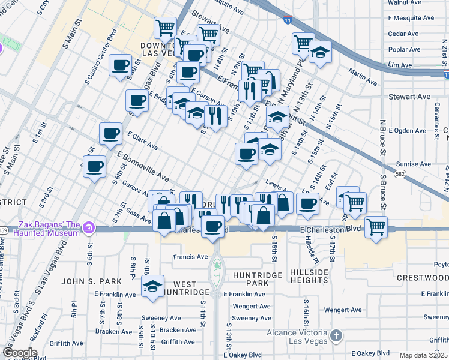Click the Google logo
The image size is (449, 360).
[20, 353]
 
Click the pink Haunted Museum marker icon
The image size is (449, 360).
[89, 228]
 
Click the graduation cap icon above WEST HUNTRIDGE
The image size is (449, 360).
[153, 286]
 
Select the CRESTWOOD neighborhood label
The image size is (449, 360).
[423, 278]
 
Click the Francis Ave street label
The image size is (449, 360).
[190, 257]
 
